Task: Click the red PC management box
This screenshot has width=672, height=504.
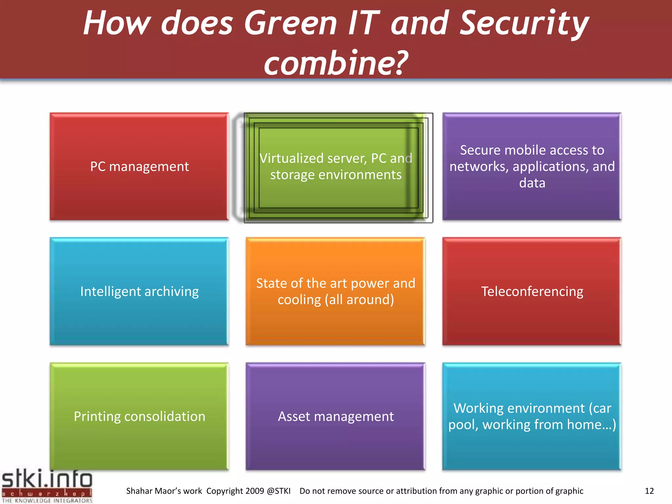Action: pyautogui.click(x=139, y=167)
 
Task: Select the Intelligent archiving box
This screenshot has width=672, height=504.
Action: pyautogui.click(x=139, y=291)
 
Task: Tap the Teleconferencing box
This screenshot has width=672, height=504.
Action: pyautogui.click(x=532, y=291)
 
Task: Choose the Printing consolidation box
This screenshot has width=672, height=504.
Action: pyautogui.click(x=139, y=416)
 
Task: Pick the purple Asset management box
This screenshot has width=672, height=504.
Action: pyautogui.click(x=335, y=416)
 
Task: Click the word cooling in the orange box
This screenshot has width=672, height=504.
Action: pyautogui.click(x=299, y=300)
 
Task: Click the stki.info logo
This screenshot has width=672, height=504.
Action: pyautogui.click(x=47, y=480)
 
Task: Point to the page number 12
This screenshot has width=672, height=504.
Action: pyautogui.click(x=649, y=491)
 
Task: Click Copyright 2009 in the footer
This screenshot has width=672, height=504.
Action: pyautogui.click(x=235, y=491)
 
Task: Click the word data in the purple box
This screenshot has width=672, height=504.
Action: pyautogui.click(x=532, y=183)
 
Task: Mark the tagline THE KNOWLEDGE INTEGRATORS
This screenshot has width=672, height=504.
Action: pyautogui.click(x=47, y=501)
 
